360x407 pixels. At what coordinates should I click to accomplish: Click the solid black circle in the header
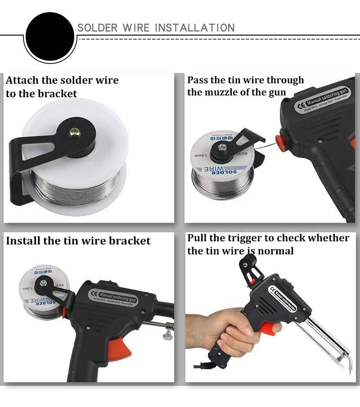tap(49, 36)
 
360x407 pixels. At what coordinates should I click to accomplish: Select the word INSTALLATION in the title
tap(194, 28)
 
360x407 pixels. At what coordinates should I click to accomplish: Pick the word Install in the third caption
tap(23, 241)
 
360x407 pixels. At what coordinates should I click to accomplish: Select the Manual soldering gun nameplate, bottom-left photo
tap(112, 293)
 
